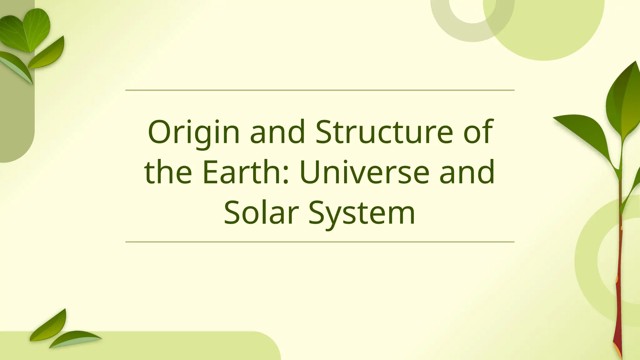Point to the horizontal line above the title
point(320,90)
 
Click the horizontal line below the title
point(320,242)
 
